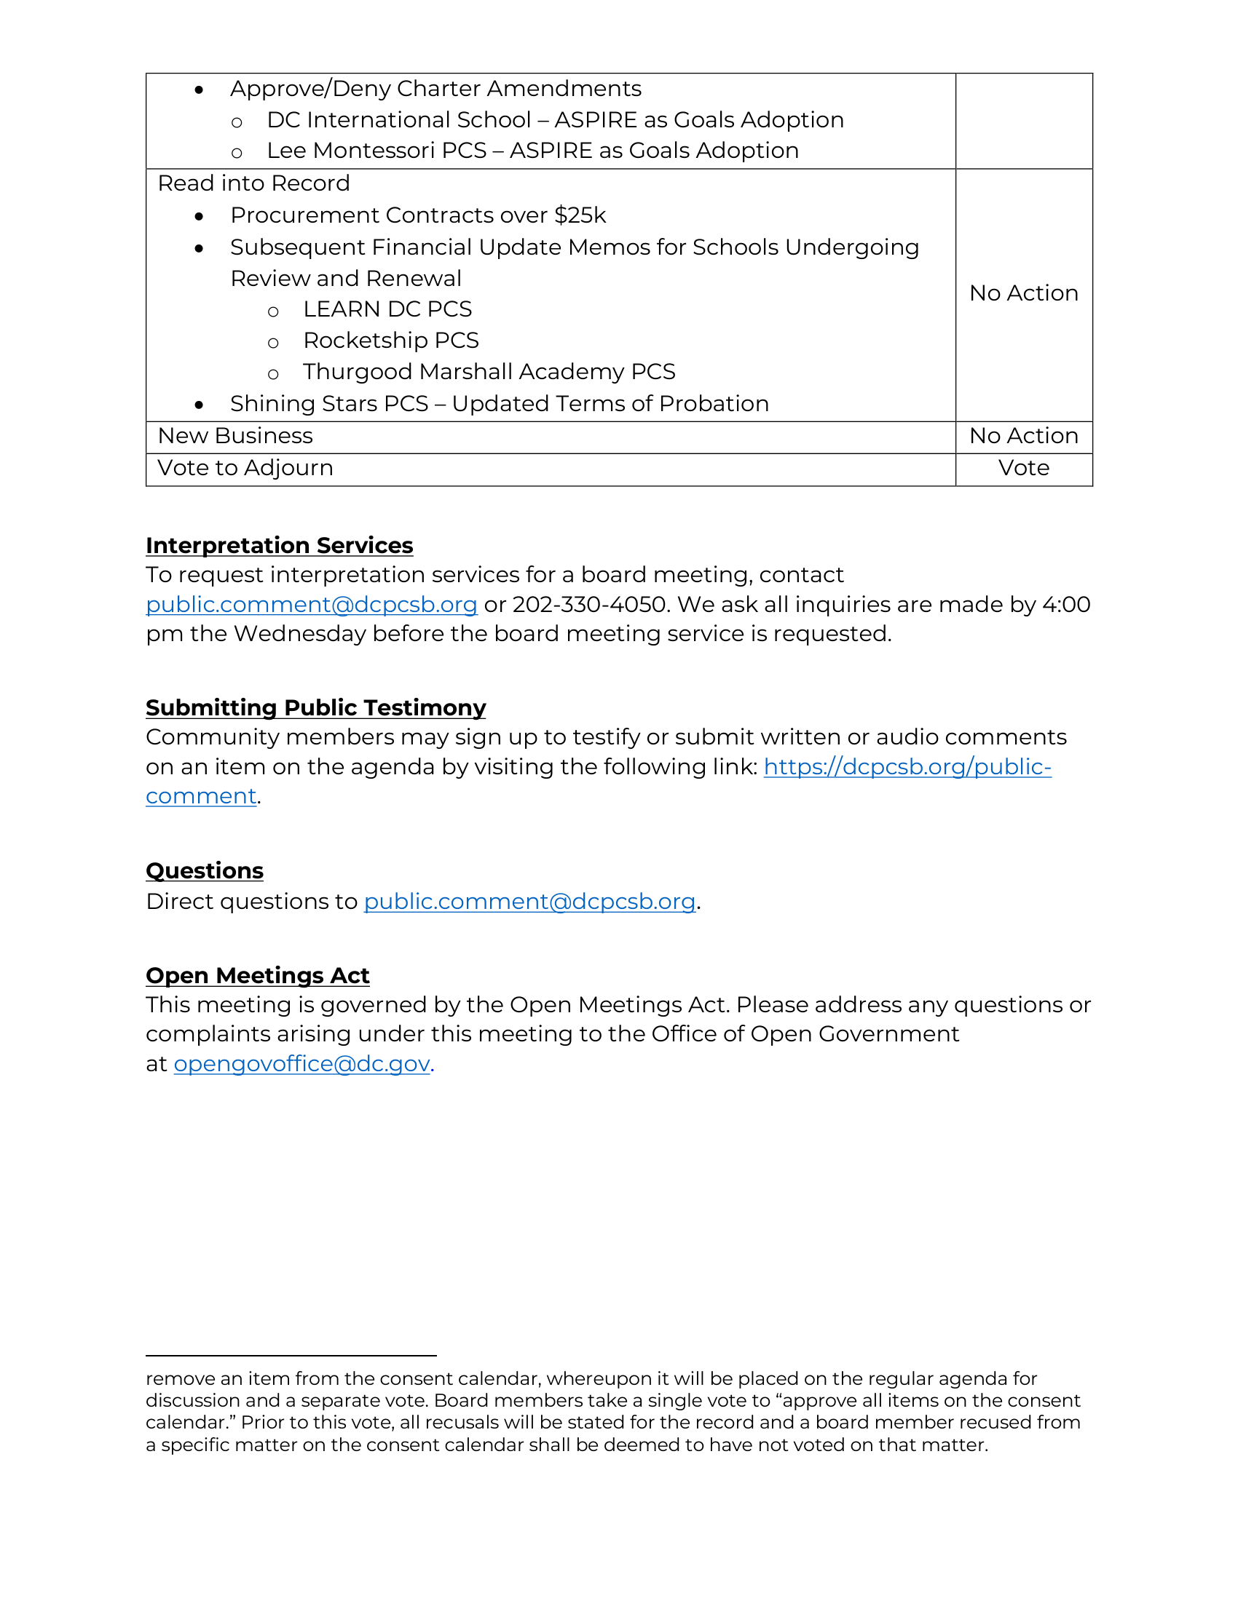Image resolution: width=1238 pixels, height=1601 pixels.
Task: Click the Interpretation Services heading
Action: (279, 545)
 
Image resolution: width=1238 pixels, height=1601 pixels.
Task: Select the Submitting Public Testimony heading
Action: (315, 707)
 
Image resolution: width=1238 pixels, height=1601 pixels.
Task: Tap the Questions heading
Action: (204, 870)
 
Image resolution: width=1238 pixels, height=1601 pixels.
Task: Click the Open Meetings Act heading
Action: (257, 976)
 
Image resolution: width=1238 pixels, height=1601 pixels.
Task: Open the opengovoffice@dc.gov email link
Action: (301, 1064)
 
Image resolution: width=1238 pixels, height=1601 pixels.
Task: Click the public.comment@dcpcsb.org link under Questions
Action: (529, 901)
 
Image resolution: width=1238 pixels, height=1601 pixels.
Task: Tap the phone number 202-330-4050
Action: (590, 605)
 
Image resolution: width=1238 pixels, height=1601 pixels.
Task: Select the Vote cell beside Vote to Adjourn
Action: (1023, 469)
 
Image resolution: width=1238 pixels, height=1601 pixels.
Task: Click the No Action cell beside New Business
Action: (1023, 436)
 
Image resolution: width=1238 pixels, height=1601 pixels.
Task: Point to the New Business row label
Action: (235, 436)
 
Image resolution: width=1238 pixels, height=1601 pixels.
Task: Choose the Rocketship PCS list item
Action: (391, 341)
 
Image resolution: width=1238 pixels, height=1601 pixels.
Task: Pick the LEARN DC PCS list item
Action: (387, 309)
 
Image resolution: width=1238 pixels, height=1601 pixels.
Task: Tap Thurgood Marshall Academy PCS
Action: (489, 373)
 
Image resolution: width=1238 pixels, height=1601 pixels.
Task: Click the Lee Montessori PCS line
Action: (532, 151)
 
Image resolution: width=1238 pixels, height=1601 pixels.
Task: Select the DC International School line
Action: (555, 120)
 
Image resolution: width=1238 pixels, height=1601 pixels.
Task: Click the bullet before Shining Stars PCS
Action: (199, 405)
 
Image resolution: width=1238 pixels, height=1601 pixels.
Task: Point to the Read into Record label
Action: (253, 183)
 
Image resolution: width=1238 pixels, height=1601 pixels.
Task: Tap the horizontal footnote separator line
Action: (291, 1356)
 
